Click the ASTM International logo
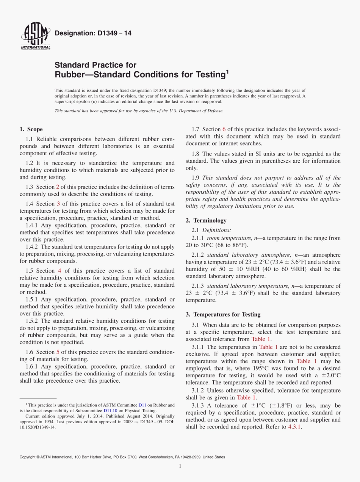(35, 36)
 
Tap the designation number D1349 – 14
(93, 33)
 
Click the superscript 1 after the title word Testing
(228, 71)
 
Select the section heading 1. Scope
(31, 129)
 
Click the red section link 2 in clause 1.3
(58, 187)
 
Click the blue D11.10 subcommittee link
(110, 410)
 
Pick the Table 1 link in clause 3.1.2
(246, 397)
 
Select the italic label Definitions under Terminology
(216, 230)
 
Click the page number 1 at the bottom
(180, 466)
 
